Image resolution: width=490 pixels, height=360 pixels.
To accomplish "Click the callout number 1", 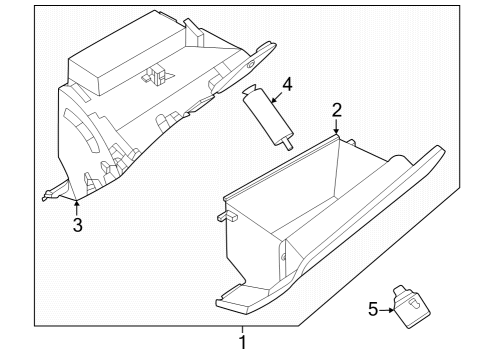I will [240, 342].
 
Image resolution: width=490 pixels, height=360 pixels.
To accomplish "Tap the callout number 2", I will [337, 110].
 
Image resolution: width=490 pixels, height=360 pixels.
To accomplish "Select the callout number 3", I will [77, 224].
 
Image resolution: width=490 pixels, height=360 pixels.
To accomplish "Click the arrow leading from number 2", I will [337, 127].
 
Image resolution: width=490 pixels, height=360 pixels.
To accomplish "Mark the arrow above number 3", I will [76, 205].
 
